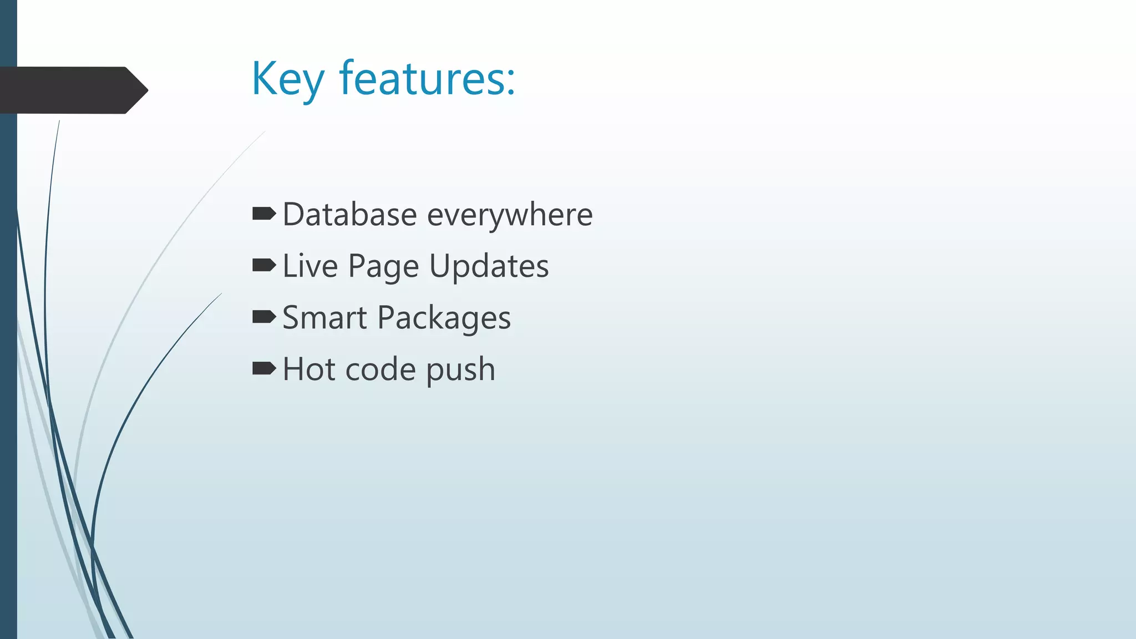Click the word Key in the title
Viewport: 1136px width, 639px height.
click(287, 79)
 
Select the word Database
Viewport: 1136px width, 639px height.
click(349, 215)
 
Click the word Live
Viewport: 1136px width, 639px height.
click(310, 266)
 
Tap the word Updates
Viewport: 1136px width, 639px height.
click(489, 267)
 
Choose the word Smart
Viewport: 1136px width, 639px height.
click(324, 318)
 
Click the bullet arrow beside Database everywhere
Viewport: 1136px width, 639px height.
click(263, 214)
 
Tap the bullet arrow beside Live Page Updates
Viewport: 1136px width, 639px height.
click(263, 265)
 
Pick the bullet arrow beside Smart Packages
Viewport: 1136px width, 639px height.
click(263, 317)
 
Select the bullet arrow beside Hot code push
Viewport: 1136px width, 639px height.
click(263, 368)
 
